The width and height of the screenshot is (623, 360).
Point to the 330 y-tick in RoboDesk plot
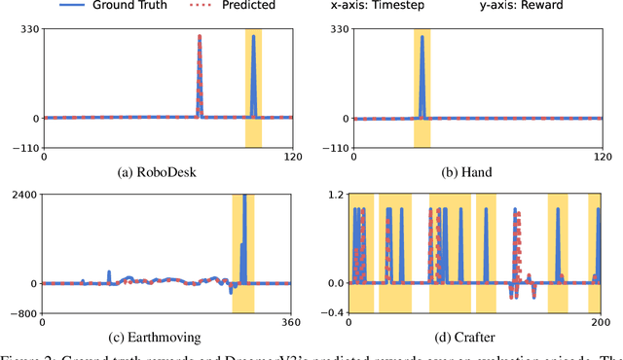pyautogui.click(x=27, y=29)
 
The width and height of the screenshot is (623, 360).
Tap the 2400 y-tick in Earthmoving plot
pyautogui.click(x=24, y=195)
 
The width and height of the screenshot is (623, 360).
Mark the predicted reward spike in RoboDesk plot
pyautogui.click(x=200, y=68)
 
